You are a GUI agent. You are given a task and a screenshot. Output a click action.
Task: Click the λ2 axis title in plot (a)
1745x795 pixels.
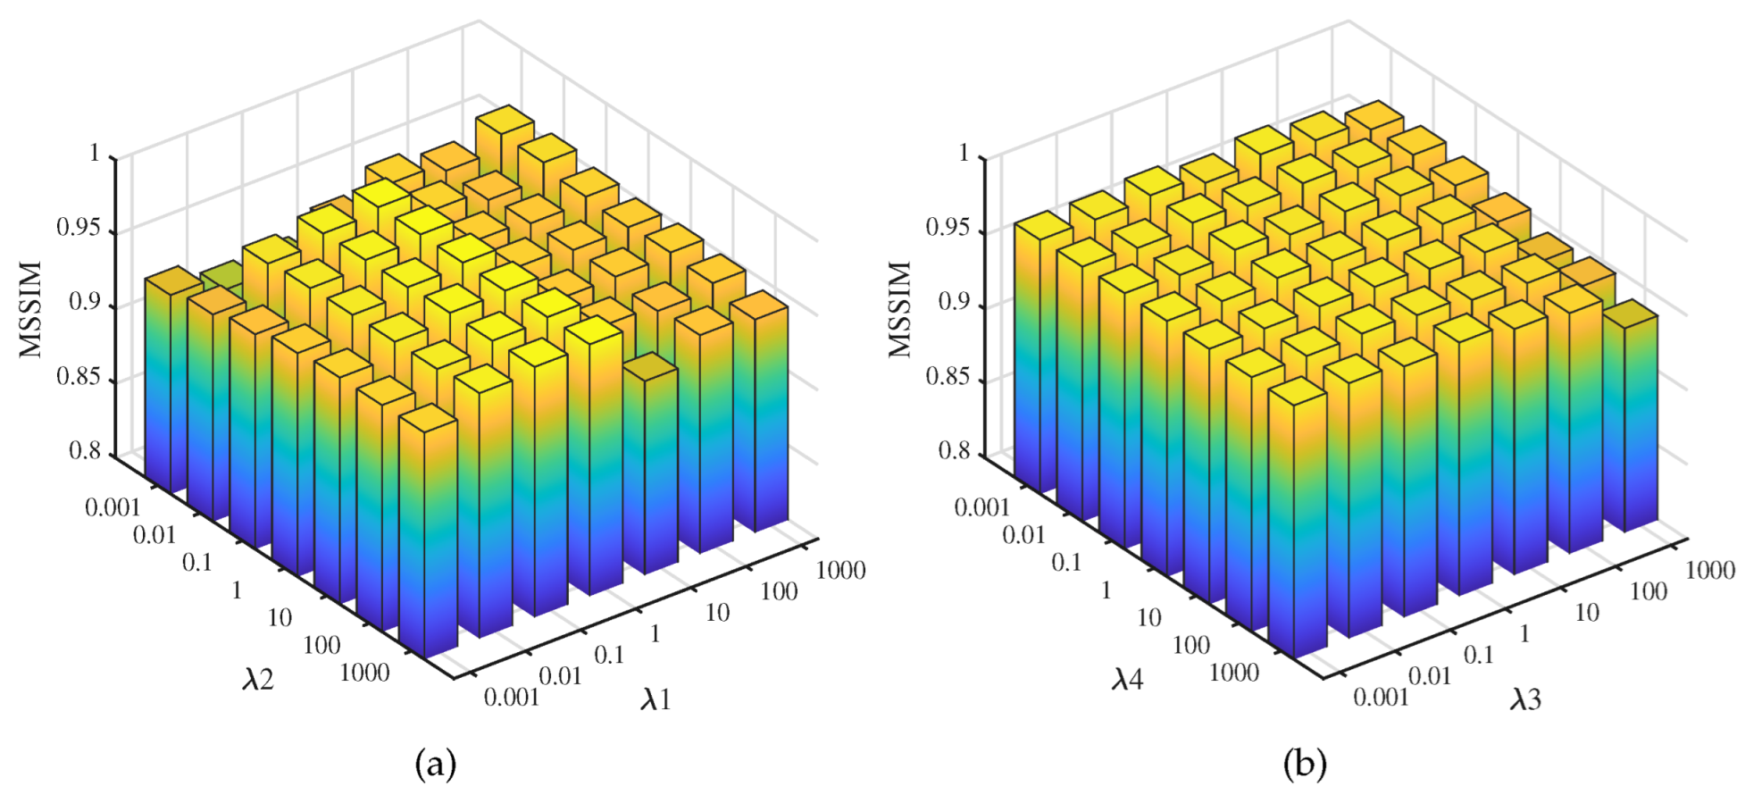click(257, 681)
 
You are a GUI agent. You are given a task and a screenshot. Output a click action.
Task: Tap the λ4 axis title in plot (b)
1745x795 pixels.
click(1127, 681)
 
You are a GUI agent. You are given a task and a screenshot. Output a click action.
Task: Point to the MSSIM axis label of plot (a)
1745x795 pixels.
click(32, 309)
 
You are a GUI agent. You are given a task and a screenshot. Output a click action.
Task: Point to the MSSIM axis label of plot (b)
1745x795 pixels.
click(901, 309)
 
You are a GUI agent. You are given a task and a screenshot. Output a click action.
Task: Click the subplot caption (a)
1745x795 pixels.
click(436, 765)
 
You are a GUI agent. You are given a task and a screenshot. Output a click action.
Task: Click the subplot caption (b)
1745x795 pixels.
click(1305, 765)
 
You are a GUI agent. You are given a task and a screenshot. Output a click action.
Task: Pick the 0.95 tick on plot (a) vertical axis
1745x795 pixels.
click(78, 228)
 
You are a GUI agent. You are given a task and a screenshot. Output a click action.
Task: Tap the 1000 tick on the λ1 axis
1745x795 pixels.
click(840, 570)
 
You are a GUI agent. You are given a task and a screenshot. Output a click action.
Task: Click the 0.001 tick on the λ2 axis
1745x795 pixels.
click(113, 507)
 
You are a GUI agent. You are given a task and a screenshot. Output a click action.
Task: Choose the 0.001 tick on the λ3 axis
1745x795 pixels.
click(1381, 697)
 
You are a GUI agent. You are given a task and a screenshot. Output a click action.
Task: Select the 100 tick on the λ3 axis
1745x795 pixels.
click(1648, 591)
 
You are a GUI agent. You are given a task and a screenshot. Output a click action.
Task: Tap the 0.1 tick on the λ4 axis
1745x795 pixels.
click(1066, 563)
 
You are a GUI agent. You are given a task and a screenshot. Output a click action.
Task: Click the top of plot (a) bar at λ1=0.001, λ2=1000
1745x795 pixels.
click(428, 418)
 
